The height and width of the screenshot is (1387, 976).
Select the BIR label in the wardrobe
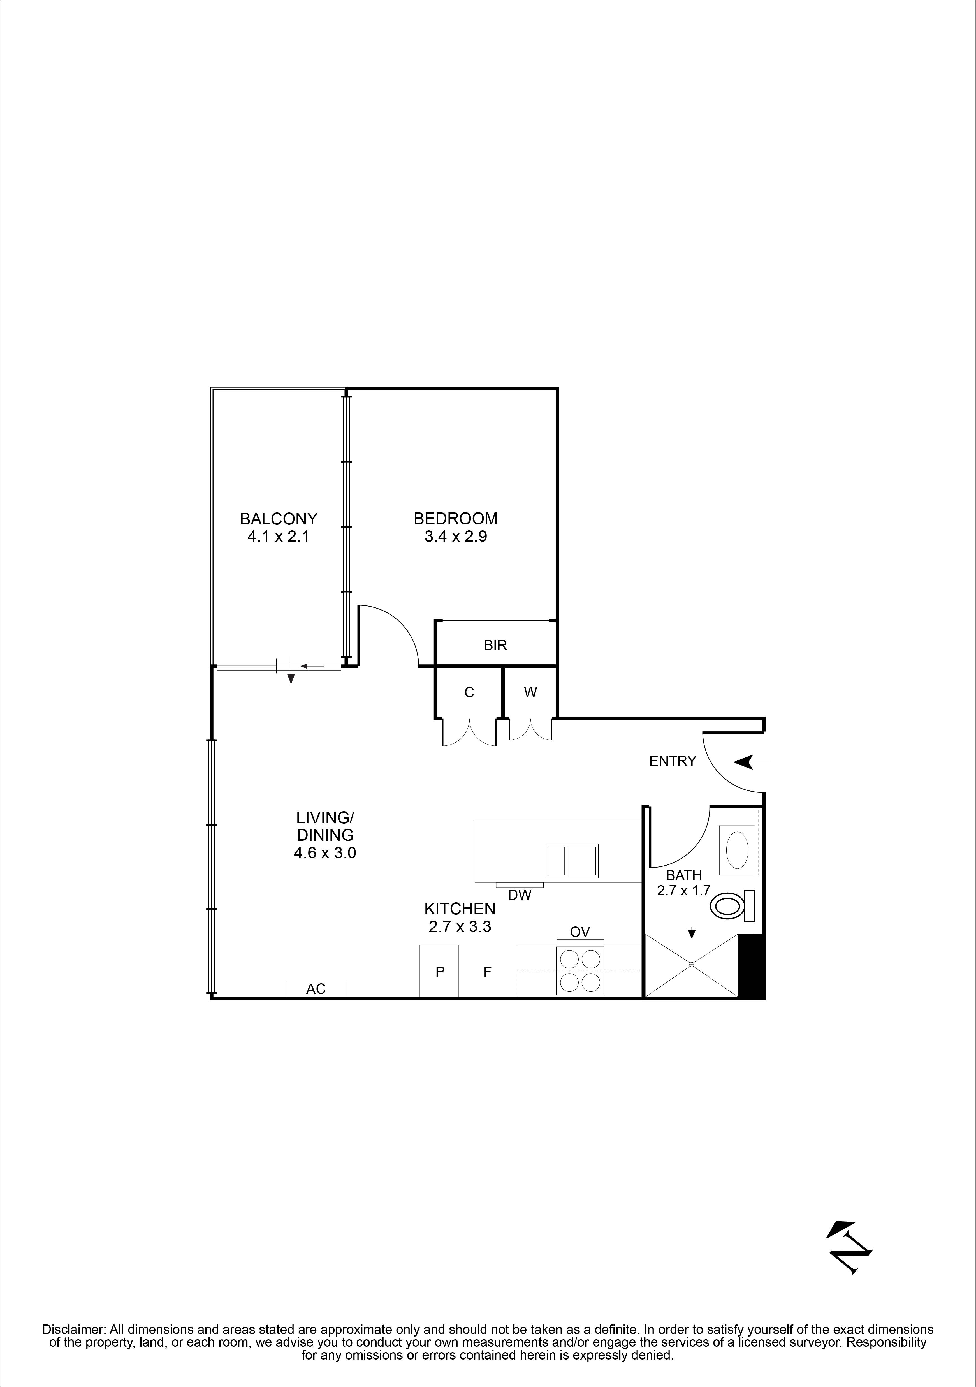point(495,645)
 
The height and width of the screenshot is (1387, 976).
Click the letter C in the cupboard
point(469,692)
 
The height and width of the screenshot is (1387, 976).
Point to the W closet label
point(530,692)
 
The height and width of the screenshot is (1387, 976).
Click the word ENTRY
point(673,761)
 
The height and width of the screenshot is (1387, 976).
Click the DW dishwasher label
point(520,895)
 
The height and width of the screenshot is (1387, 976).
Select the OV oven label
point(580,932)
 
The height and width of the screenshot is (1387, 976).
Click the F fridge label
point(487,972)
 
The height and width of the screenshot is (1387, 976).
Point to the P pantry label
point(440,972)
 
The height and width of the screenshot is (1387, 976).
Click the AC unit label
point(316,989)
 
